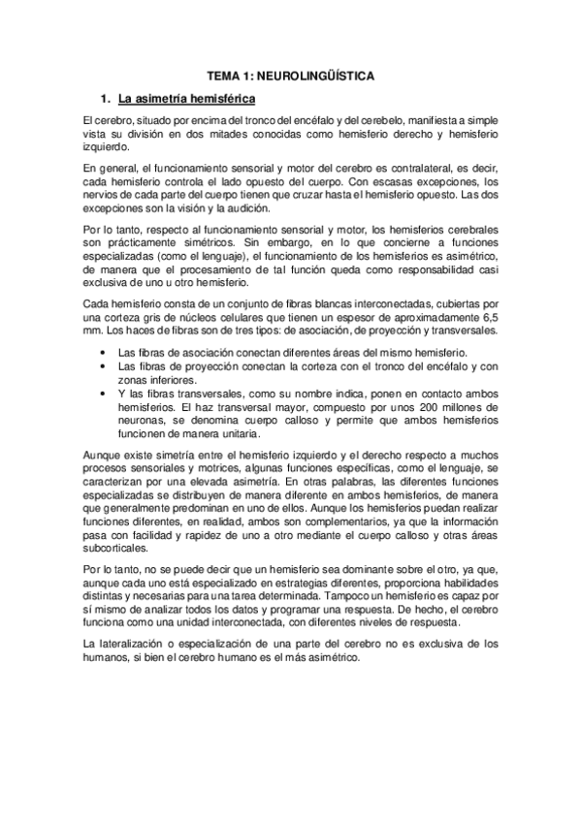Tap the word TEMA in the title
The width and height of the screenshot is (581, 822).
[x=223, y=75]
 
